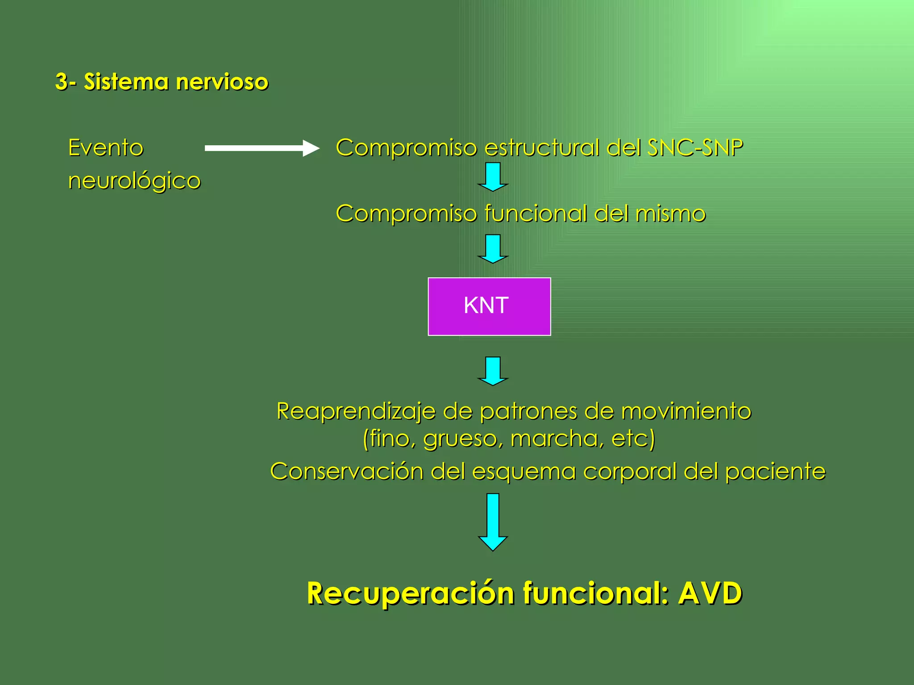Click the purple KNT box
coord(489,306)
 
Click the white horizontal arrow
coord(262,149)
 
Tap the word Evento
coord(106,148)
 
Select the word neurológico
coord(134,181)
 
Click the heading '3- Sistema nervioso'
coord(162,82)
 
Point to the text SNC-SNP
coord(695,148)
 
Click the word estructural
coord(542,148)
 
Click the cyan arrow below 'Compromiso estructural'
coord(493,177)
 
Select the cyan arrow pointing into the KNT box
coord(493,249)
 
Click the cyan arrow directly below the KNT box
coord(493,371)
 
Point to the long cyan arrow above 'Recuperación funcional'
coord(493,522)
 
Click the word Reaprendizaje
coord(356,411)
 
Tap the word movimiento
coord(686,411)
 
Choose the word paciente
coord(775,471)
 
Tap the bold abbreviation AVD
coord(710,594)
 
